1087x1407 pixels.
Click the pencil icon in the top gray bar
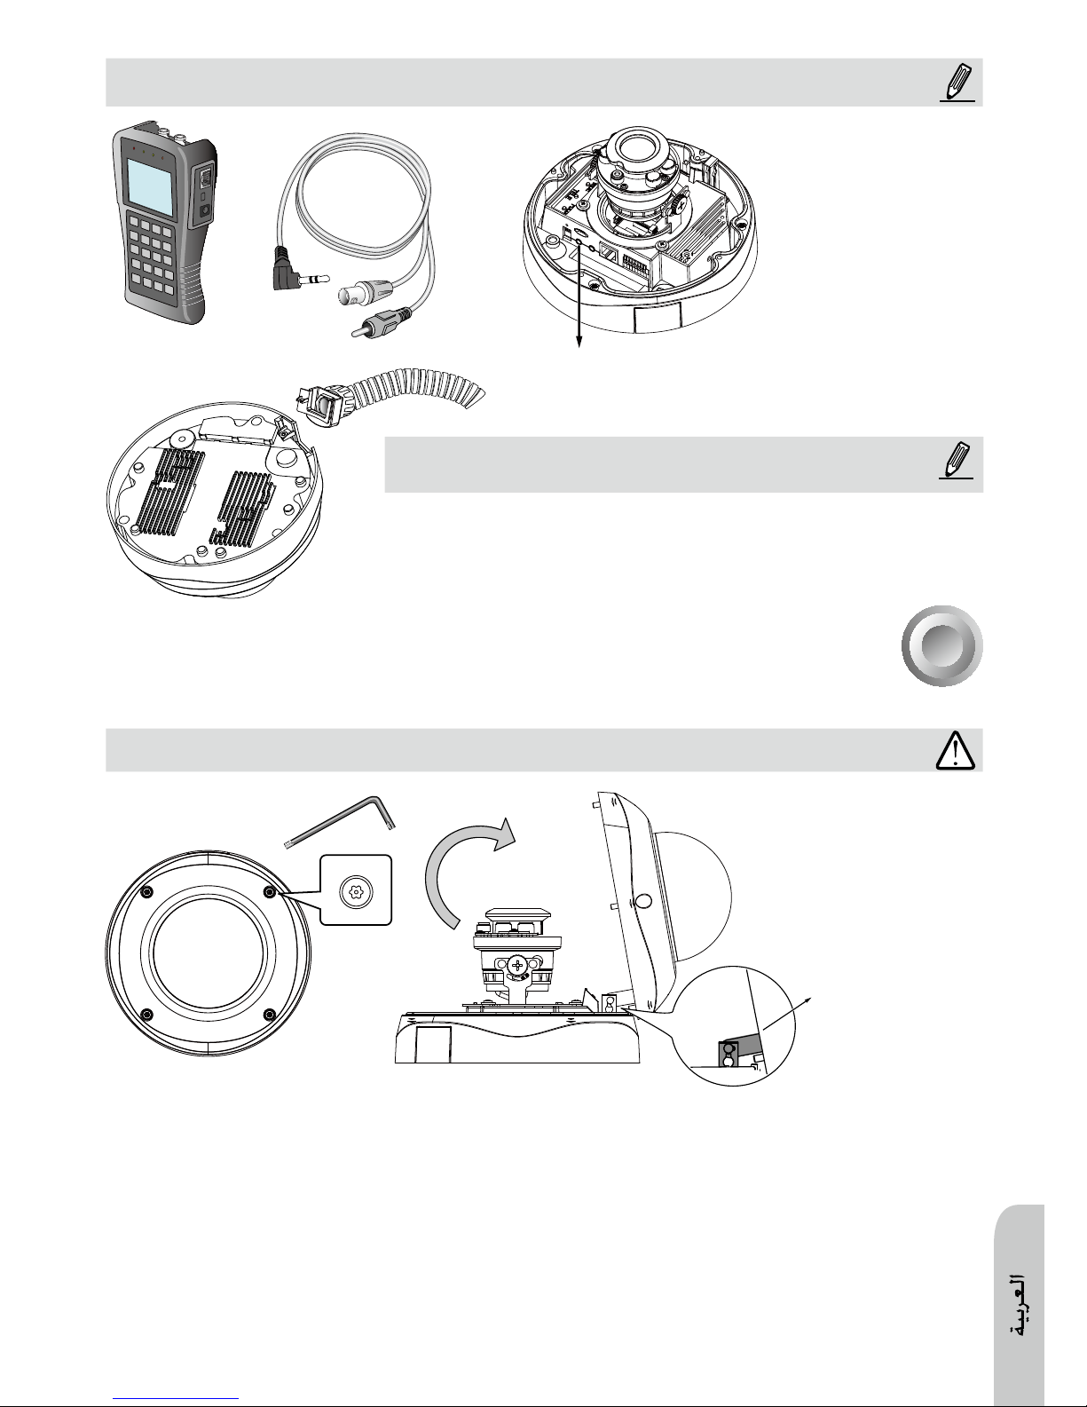[x=957, y=83]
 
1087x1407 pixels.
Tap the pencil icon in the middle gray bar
[x=957, y=460]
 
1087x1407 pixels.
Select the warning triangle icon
[x=956, y=750]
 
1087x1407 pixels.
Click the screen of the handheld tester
[x=150, y=188]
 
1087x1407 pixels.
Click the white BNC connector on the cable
[x=363, y=294]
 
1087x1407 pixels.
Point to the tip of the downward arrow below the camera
[x=579, y=348]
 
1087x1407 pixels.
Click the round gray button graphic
[x=942, y=645]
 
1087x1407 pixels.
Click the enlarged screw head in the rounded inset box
[x=356, y=891]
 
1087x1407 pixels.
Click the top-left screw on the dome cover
[x=146, y=892]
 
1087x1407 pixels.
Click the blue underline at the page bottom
[x=175, y=1398]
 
